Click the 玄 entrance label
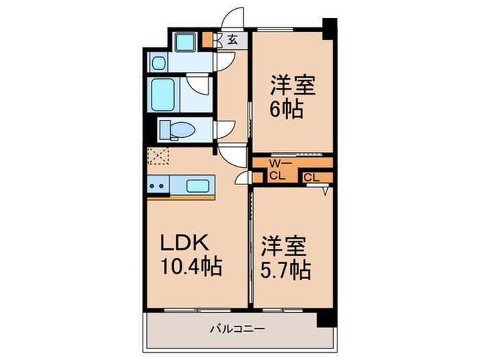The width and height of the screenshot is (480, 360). point(232,40)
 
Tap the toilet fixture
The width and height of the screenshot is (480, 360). point(176,130)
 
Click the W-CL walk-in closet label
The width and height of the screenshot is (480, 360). point(278,169)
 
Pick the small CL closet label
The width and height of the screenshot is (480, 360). point(311,178)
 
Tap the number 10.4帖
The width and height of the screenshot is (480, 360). point(191,267)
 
